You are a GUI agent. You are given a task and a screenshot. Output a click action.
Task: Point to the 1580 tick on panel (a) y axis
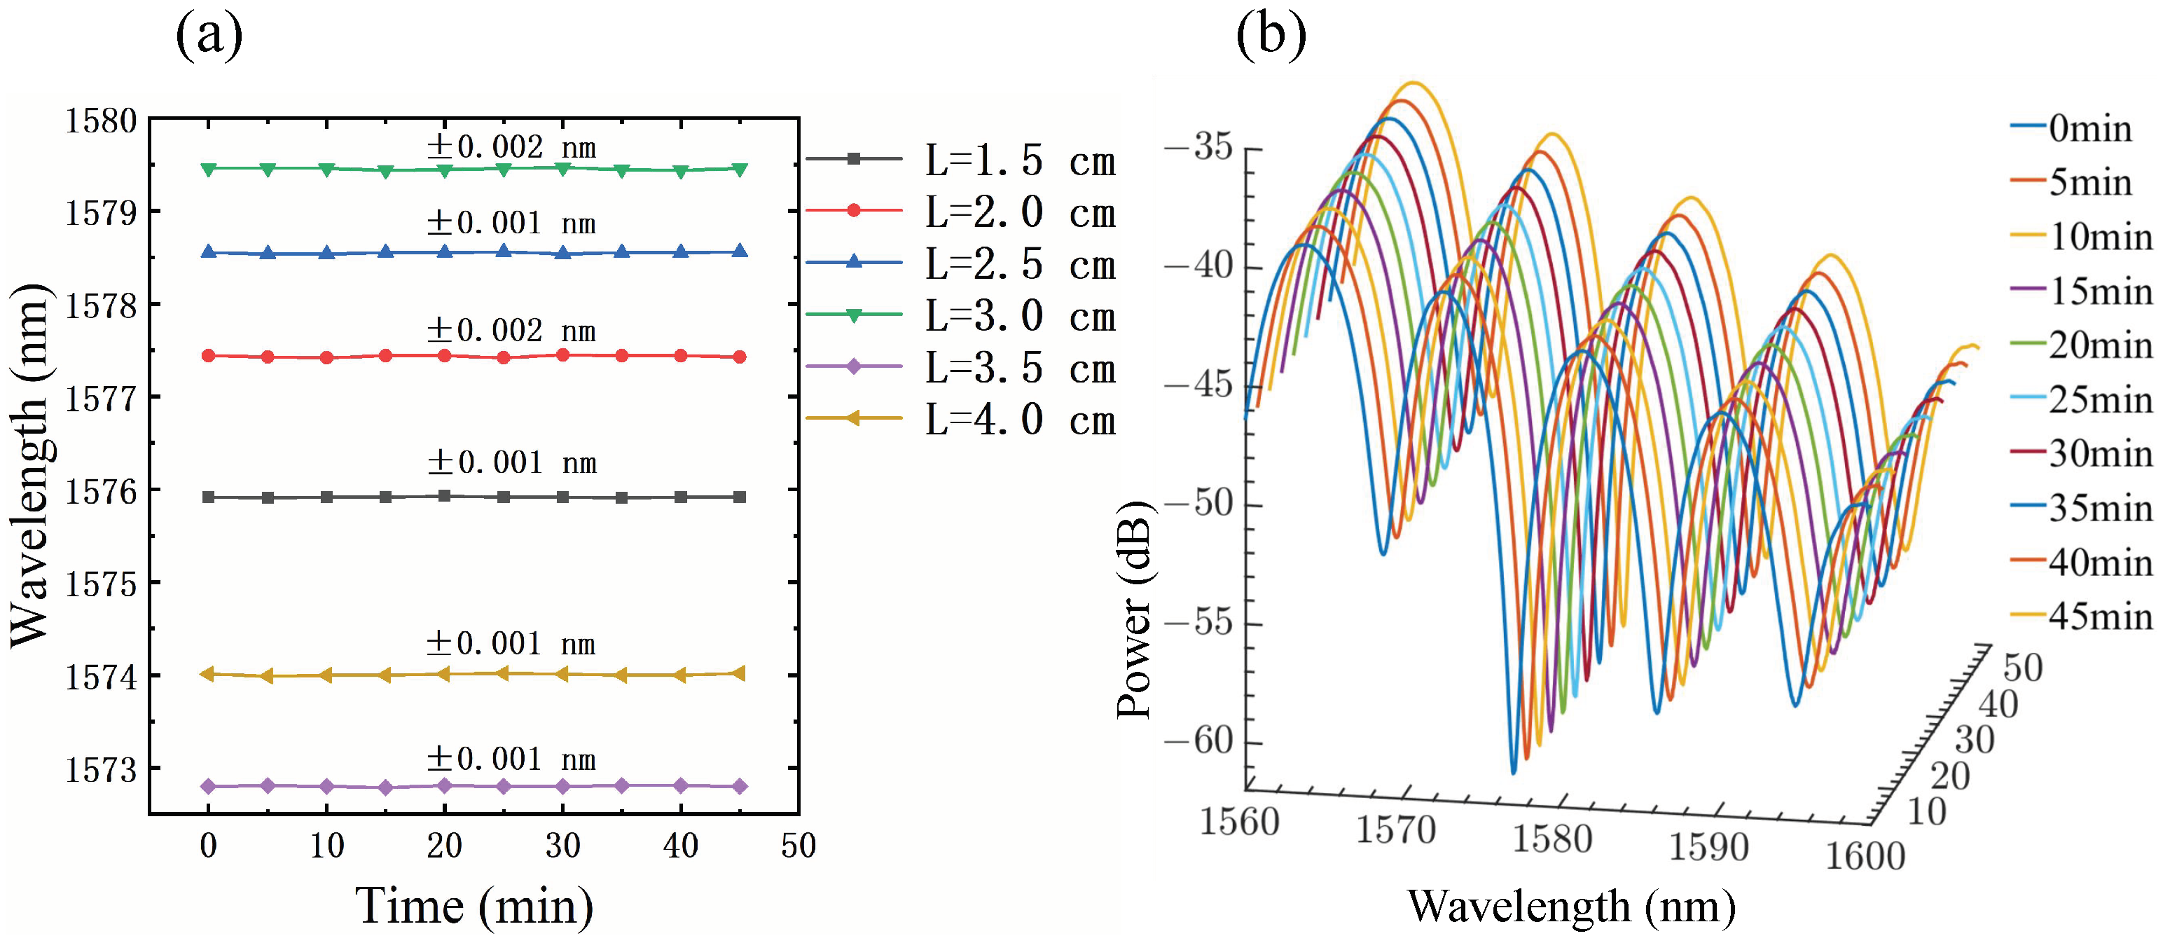click(x=101, y=121)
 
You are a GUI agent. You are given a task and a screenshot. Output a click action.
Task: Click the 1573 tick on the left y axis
click(x=101, y=770)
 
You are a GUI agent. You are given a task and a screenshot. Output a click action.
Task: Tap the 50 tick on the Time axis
click(x=798, y=845)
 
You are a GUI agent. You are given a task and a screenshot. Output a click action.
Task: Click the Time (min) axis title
click(x=474, y=906)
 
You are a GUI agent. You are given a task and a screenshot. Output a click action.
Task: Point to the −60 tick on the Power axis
click(x=1211, y=741)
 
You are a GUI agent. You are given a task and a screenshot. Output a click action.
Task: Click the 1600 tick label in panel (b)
click(x=1865, y=856)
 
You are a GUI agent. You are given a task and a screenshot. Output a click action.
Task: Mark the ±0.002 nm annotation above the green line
click(x=511, y=147)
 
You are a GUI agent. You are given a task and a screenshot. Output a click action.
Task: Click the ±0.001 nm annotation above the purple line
click(x=511, y=759)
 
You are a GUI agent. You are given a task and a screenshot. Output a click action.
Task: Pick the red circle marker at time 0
click(x=209, y=356)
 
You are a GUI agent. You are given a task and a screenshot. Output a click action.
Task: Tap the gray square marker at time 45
click(x=740, y=497)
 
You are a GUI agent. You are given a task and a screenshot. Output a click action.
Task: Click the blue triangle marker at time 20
click(x=445, y=251)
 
